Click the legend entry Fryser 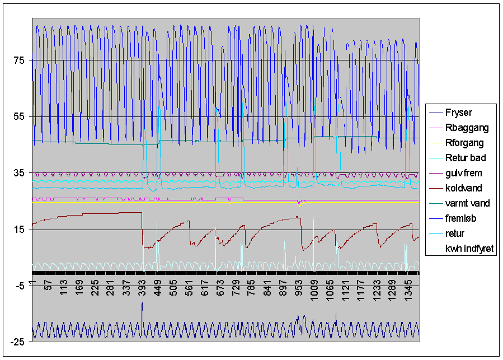tap(458, 113)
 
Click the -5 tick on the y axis tap(21, 286)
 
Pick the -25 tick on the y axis tap(19, 343)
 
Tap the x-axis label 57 tap(48, 284)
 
